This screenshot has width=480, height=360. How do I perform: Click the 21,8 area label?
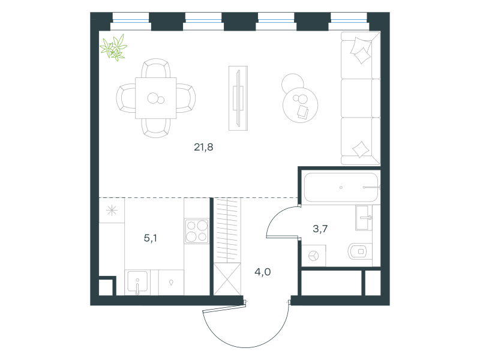click(x=203, y=147)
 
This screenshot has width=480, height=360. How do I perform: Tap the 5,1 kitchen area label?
click(x=151, y=238)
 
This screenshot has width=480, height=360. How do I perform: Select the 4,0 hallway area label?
click(x=263, y=272)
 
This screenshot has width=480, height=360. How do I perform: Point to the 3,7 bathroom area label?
click(x=320, y=229)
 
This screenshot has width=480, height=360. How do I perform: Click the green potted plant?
click(x=113, y=47)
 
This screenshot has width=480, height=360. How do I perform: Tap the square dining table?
click(x=156, y=98)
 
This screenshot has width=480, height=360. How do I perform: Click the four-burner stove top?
click(x=197, y=231)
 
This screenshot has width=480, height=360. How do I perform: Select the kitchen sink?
click(x=137, y=282)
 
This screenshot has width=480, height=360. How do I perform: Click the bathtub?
click(x=341, y=187)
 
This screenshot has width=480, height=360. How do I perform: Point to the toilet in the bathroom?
click(x=359, y=251)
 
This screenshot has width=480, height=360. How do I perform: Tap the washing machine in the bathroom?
click(x=313, y=256)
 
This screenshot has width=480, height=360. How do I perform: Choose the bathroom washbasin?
click(x=364, y=218)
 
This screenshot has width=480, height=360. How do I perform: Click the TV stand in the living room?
click(x=238, y=98)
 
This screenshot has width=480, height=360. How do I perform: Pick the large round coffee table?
click(x=300, y=105)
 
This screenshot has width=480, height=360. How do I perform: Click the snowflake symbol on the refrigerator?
click(x=112, y=211)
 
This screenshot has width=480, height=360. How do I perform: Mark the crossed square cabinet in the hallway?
click(x=227, y=279)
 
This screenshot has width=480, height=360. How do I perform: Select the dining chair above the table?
click(x=156, y=68)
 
